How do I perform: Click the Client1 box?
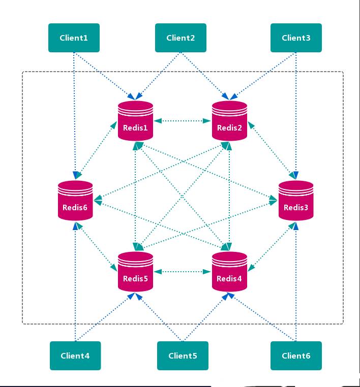pyautogui.click(x=74, y=38)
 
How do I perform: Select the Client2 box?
pyautogui.click(x=181, y=38)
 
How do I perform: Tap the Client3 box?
pyautogui.click(x=296, y=38)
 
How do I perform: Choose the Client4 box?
pyautogui.click(x=75, y=356)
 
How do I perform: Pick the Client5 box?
pyautogui.click(x=183, y=356)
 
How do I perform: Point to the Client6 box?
pyautogui.click(x=296, y=356)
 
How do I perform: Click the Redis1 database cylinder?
pyautogui.click(x=135, y=121)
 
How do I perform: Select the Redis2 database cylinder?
pyautogui.click(x=229, y=121)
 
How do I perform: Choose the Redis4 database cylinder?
pyautogui.click(x=229, y=272)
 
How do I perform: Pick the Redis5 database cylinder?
pyautogui.click(x=135, y=272)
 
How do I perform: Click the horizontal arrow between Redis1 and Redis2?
pyautogui.click(x=183, y=121)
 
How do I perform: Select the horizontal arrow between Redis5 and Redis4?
pyautogui.click(x=183, y=272)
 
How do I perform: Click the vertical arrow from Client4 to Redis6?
pyautogui.click(x=75, y=284)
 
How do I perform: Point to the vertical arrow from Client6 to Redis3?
pyautogui.click(x=296, y=284)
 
